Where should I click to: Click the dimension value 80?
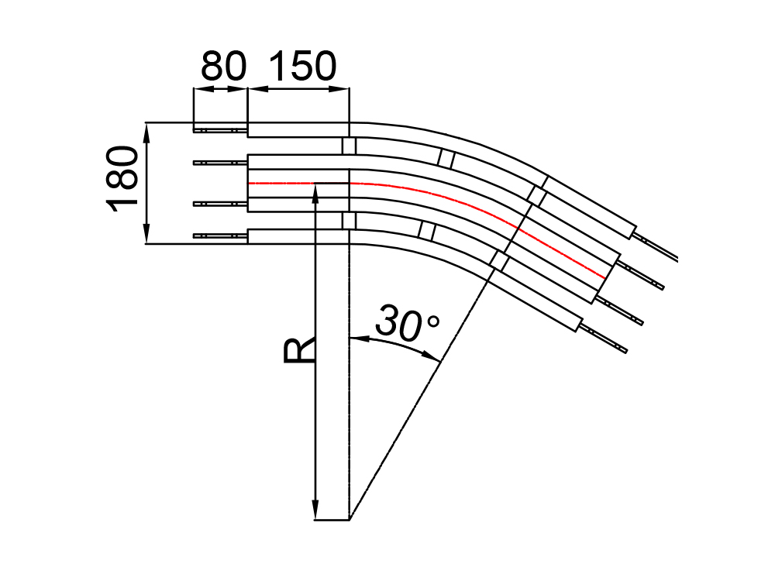223,67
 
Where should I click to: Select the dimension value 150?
302,67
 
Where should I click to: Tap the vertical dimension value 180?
122,177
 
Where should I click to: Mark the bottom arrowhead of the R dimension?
315,512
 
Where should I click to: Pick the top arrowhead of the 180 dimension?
146,131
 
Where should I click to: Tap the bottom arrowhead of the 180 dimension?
146,235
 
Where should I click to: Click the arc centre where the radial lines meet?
350,520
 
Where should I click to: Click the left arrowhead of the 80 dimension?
198,90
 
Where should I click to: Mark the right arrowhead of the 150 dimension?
344,90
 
